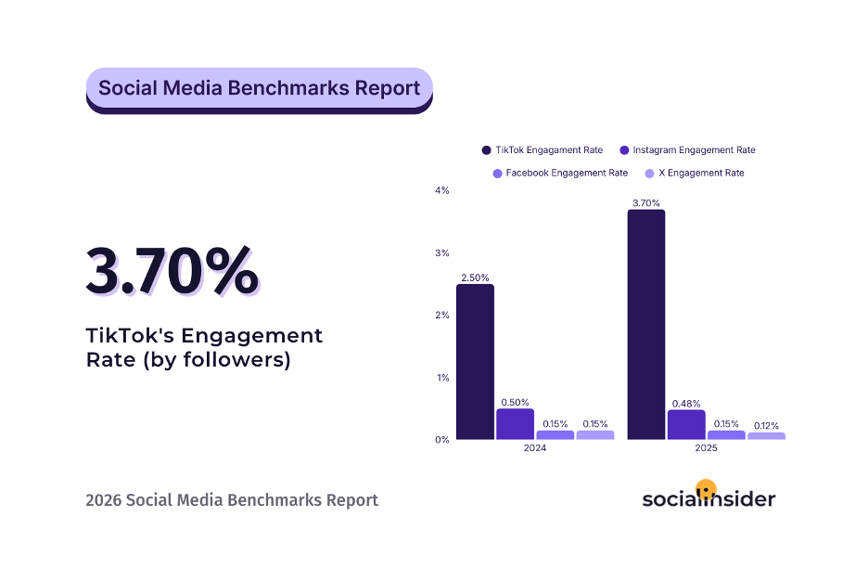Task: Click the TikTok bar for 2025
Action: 645,324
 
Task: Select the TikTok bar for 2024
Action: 475,361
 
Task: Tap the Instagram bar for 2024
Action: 515,424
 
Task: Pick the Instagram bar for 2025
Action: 685,425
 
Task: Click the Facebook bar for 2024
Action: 555,434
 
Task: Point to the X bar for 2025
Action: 766,435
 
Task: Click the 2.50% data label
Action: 475,277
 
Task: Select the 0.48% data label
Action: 685,403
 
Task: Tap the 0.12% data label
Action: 766,424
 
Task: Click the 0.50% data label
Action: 515,402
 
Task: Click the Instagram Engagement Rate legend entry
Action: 687,150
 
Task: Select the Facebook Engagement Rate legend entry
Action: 560,174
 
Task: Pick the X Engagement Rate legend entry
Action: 695,174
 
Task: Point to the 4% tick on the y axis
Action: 442,190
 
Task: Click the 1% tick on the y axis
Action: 442,378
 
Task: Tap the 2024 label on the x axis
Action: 534,448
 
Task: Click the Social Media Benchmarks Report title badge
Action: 259,89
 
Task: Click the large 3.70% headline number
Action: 172,271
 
